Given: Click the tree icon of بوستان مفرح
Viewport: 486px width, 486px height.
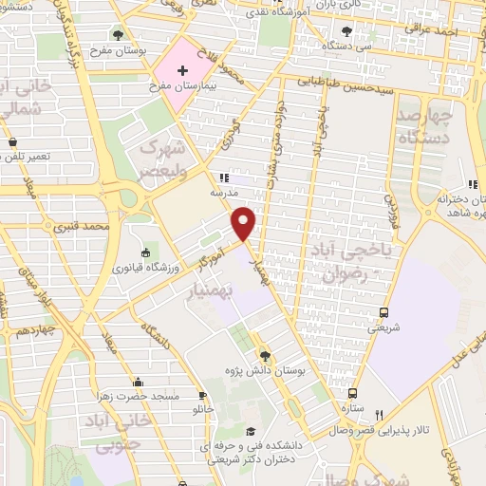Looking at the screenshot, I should (118, 34).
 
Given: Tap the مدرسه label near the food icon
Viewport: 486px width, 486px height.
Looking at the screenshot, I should (222, 192).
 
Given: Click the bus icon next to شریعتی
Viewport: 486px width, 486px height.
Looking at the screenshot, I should (383, 312).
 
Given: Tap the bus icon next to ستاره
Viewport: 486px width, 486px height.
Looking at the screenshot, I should (352, 392).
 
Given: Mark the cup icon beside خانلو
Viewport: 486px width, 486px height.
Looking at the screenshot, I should (201, 395).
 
